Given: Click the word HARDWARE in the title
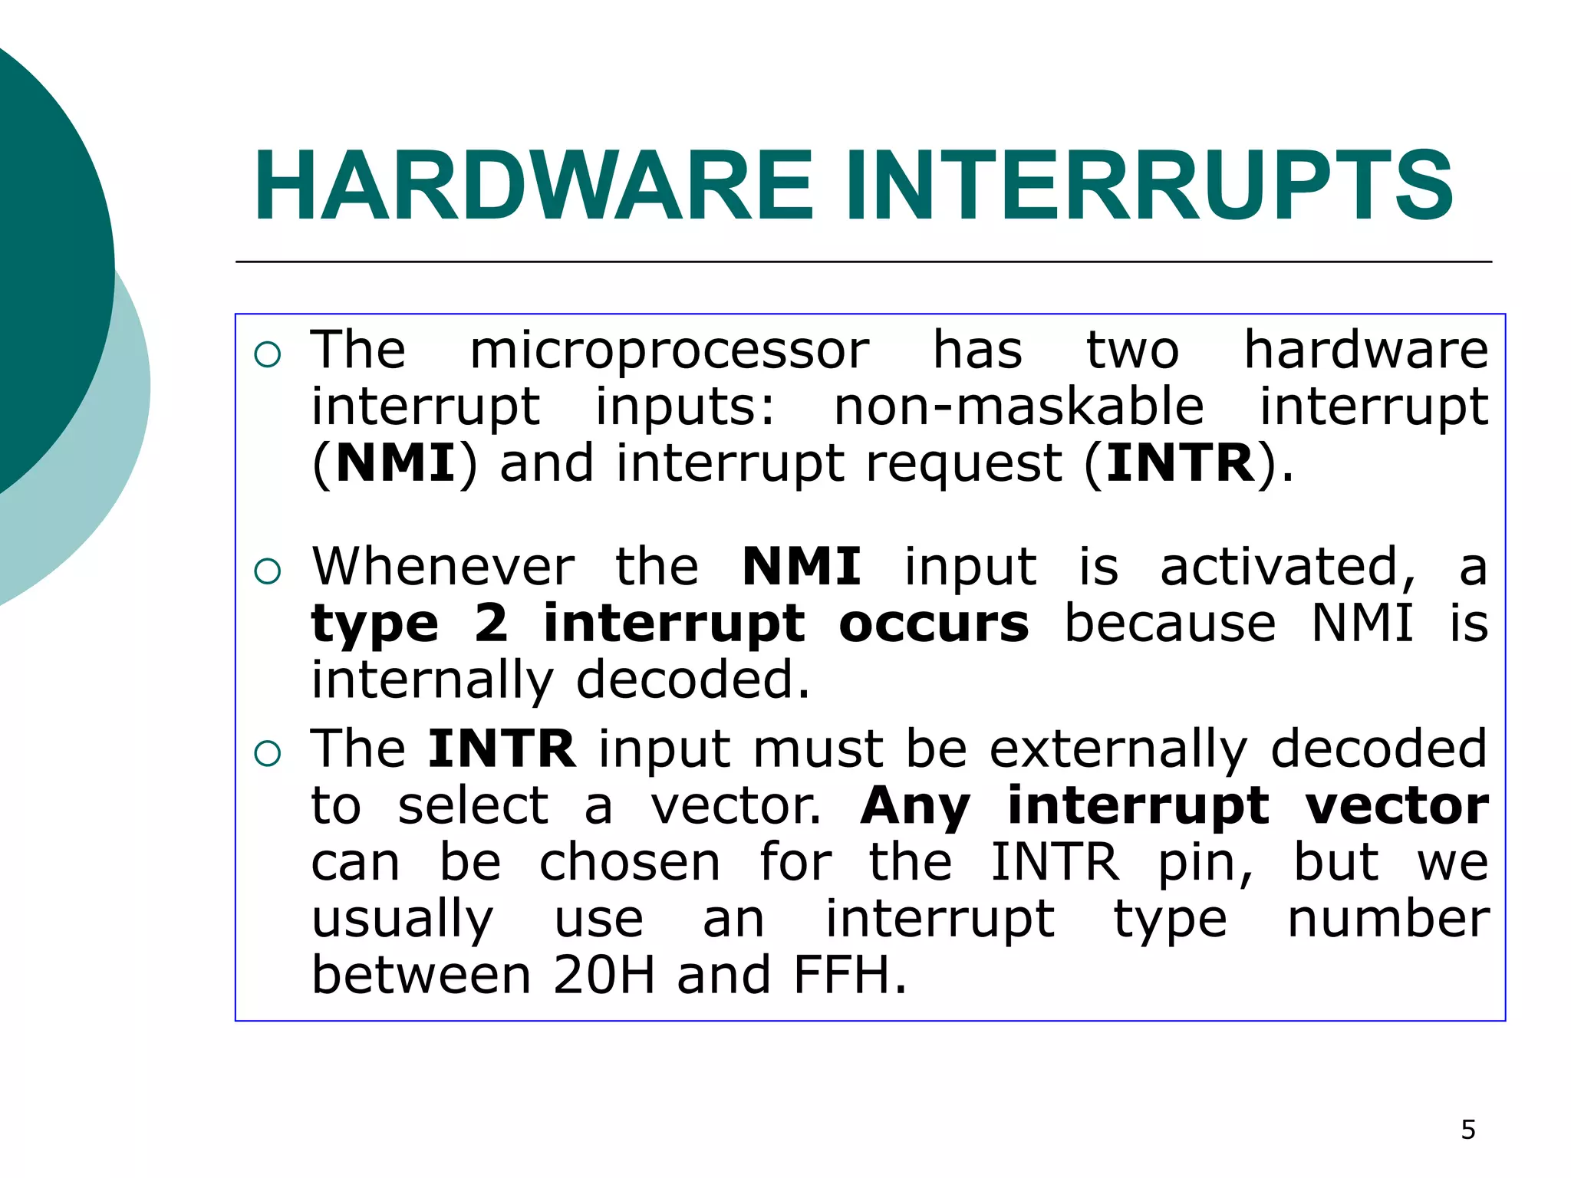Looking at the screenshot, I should pyautogui.click(x=533, y=186).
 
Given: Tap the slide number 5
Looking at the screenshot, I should pyautogui.click(x=1467, y=1130).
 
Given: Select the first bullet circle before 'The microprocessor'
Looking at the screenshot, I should pyautogui.click(x=268, y=354).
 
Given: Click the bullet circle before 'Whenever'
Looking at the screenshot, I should pyautogui.click(x=268, y=571).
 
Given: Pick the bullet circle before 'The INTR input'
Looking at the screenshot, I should pyautogui.click(x=268, y=753).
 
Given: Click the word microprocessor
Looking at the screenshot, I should pyautogui.click(x=669, y=351).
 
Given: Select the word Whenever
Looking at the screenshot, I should pyautogui.click(x=443, y=568).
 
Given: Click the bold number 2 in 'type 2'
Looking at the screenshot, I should pyautogui.click(x=491, y=623).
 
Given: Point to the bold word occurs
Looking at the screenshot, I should pyautogui.click(x=933, y=624).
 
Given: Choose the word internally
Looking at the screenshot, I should pyautogui.click(x=431, y=681).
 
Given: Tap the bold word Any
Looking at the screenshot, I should pyautogui.click(x=914, y=807).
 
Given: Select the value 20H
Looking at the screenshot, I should pyautogui.click(x=604, y=976).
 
